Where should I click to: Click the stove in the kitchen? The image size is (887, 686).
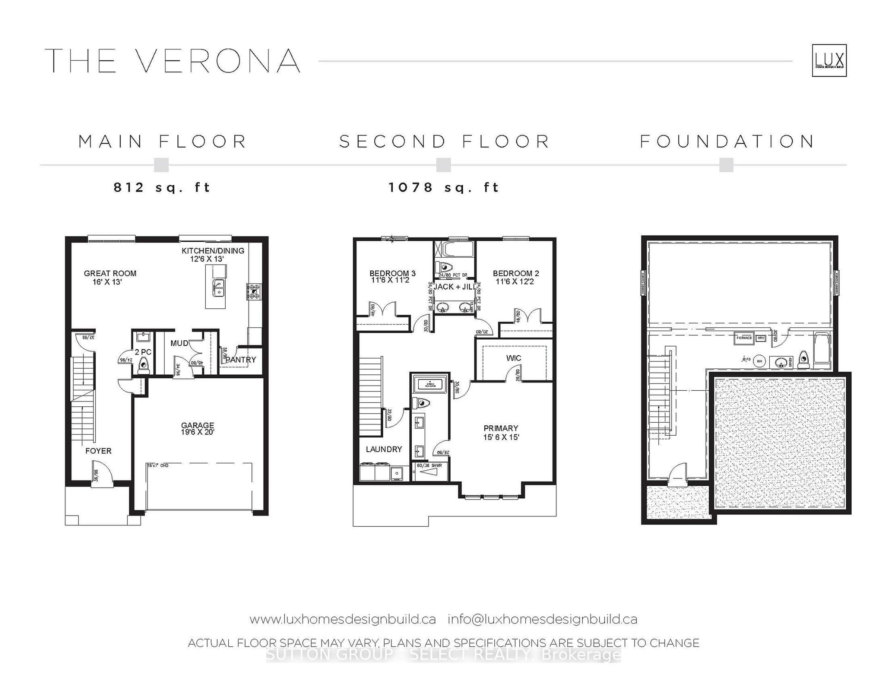(x=254, y=292)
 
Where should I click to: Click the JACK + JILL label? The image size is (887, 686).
(x=455, y=287)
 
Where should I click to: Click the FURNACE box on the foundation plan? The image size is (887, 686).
(x=744, y=338)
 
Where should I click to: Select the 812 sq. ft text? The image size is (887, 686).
(x=162, y=187)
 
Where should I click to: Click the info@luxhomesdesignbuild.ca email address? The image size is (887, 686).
(x=542, y=619)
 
